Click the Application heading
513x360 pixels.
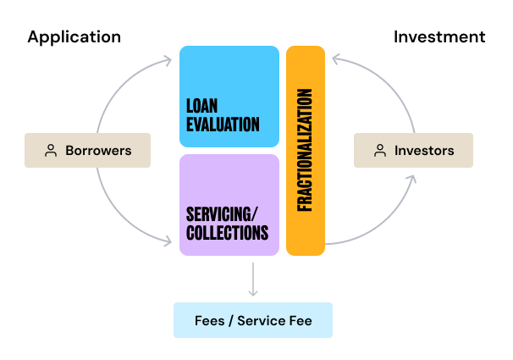coord(74,36)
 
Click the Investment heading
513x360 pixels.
coord(439,36)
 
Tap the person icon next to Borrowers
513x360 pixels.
coord(51,151)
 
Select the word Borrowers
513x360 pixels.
coord(98,151)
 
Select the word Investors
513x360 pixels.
coord(424,151)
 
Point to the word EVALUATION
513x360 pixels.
coord(223,125)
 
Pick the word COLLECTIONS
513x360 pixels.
coord(227,231)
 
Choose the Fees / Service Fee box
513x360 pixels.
coord(253,320)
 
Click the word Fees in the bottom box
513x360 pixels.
coord(209,321)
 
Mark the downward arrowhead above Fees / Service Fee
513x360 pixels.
coord(253,292)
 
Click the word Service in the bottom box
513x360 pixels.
coord(263,321)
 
